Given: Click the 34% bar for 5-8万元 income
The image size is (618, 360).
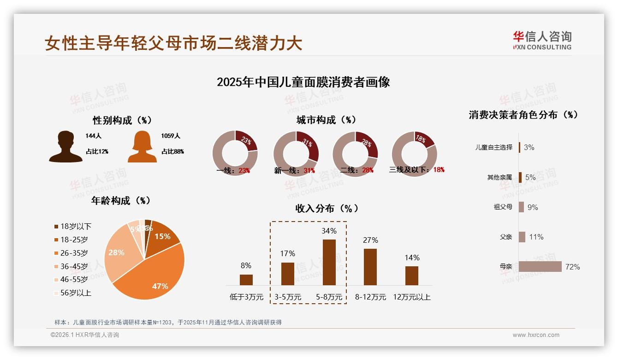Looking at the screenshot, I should pos(329,262).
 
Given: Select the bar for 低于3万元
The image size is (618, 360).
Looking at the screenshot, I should pos(246,280).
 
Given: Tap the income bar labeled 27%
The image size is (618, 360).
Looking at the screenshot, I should pos(370,267).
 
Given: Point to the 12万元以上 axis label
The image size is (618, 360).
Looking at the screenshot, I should pos(411,297).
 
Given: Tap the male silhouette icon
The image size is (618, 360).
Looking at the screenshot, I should pos(66,147).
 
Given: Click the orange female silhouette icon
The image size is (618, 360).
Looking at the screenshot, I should pos(142,147).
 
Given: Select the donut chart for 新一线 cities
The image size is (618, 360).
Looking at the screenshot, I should pos(296,153).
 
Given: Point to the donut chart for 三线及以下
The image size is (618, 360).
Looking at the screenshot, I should pos(414,153).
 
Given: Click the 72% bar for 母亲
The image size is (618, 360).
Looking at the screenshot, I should pos(540,267).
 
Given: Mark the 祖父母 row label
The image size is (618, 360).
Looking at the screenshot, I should pos(503,207).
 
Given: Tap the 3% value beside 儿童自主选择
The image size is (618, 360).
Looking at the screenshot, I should pos(529,148).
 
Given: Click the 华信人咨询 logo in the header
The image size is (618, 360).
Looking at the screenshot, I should pos(542,41).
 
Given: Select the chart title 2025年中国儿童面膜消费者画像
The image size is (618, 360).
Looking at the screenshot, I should pos(303,82).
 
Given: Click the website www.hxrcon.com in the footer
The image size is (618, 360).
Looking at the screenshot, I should pos(536,335).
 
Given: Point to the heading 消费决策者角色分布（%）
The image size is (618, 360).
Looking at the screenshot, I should pos(523,115).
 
